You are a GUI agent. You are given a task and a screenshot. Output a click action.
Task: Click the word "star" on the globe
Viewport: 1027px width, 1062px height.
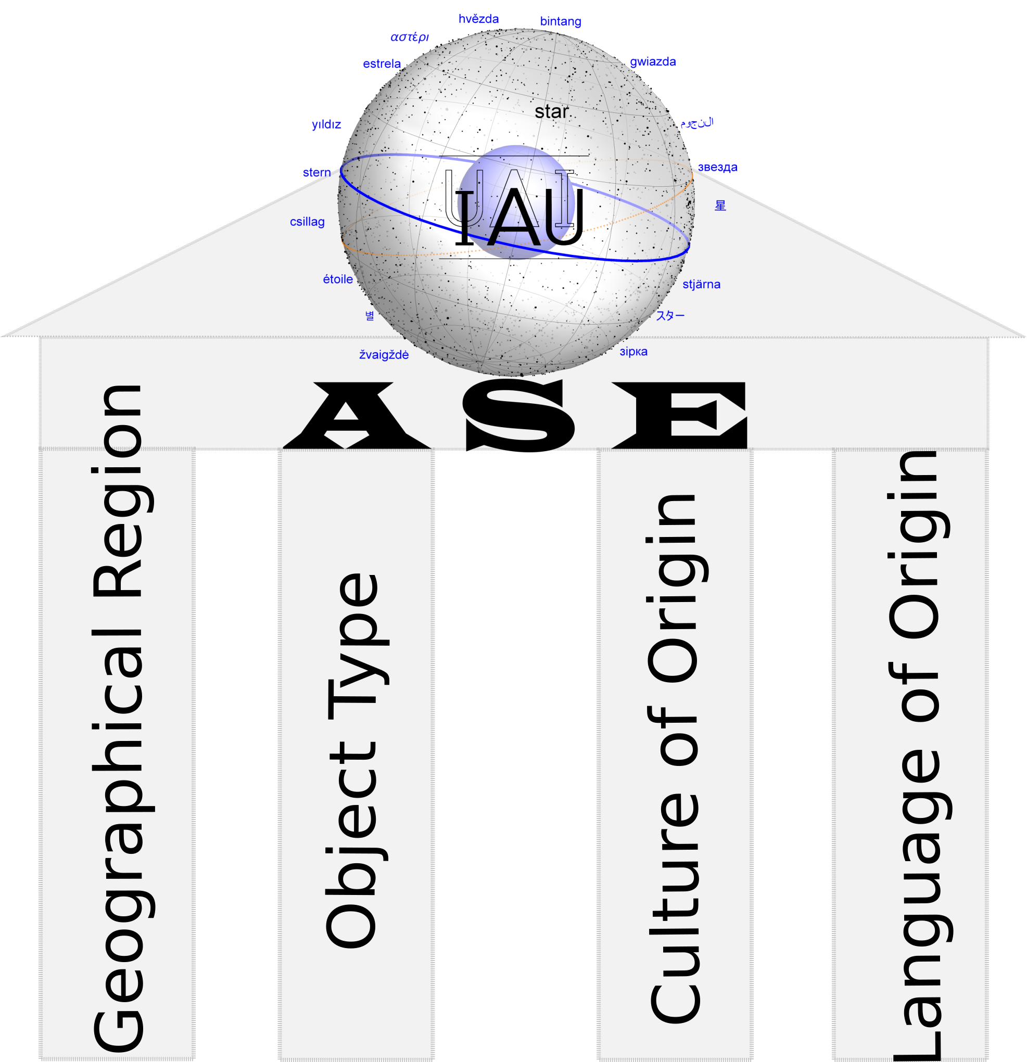pyautogui.click(x=551, y=112)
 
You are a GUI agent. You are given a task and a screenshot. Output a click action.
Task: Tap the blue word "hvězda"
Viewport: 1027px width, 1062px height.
pyautogui.click(x=478, y=19)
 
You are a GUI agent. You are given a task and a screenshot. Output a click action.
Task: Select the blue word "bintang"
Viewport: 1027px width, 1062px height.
pyautogui.click(x=561, y=22)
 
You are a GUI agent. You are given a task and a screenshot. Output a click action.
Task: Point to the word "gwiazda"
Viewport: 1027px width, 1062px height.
pyautogui.click(x=653, y=62)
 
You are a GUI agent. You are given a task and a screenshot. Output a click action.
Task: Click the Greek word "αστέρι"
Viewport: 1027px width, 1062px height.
pyautogui.click(x=410, y=37)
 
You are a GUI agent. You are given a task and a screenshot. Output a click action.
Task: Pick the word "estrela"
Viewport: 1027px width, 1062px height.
pyautogui.click(x=382, y=64)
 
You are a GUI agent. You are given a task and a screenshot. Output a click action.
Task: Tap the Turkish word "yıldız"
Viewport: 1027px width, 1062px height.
pyautogui.click(x=326, y=125)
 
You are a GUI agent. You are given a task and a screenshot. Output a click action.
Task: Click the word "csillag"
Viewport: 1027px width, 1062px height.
pyautogui.click(x=307, y=222)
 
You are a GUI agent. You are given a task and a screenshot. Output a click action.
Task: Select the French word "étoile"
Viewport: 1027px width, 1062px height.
pyautogui.click(x=338, y=279)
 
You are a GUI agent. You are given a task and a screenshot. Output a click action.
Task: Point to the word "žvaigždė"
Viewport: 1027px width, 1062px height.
pyautogui.click(x=384, y=355)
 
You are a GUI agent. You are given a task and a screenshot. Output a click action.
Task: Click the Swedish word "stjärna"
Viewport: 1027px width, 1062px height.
pyautogui.click(x=701, y=285)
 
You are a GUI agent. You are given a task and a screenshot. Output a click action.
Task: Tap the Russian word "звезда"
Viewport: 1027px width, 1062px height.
pyautogui.click(x=717, y=168)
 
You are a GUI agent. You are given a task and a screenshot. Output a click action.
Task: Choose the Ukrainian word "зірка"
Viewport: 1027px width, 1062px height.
pyautogui.click(x=633, y=352)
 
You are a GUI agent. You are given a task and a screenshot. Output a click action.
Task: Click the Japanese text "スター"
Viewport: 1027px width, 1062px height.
pyautogui.click(x=670, y=315)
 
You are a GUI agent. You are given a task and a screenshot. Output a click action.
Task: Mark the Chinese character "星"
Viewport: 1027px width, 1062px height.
pyautogui.click(x=720, y=206)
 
